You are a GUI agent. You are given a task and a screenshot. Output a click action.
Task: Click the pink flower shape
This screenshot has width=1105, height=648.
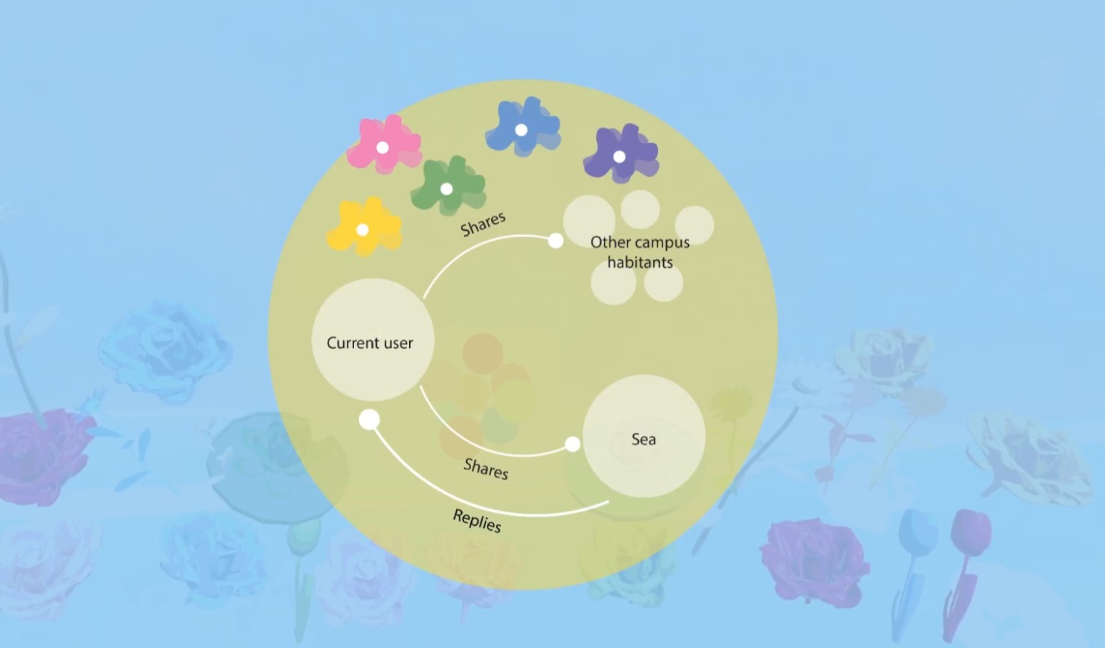[384, 145]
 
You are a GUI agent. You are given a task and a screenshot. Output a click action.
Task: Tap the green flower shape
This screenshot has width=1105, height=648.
[448, 186]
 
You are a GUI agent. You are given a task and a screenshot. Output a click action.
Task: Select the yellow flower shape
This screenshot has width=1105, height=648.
[365, 227]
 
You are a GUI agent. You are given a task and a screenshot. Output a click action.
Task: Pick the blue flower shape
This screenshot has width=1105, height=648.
[523, 127]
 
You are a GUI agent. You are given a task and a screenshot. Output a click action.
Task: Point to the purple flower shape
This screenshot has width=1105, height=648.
[621, 154]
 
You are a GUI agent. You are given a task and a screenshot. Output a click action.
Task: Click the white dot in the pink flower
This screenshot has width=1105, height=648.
[383, 147]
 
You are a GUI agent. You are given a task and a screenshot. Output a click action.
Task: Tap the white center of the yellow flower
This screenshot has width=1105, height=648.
[363, 229]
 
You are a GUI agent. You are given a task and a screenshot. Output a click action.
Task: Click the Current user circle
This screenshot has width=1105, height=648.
[373, 340]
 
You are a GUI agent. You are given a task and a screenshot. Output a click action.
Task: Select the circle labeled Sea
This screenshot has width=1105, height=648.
[644, 436]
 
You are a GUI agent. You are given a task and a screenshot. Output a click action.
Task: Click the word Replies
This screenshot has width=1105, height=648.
[477, 521]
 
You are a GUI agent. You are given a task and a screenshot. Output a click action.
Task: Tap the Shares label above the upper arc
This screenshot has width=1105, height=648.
[483, 224]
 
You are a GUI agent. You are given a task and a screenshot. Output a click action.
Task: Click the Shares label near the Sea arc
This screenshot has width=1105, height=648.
[486, 469]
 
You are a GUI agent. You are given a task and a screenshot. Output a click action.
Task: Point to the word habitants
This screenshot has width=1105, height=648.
[640, 262]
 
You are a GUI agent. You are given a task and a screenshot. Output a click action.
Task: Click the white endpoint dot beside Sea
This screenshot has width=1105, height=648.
[572, 444]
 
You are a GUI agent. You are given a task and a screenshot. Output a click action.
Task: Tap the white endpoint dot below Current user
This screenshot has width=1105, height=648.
[369, 420]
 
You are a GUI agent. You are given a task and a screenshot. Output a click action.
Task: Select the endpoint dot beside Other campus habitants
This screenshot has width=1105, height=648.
[556, 241]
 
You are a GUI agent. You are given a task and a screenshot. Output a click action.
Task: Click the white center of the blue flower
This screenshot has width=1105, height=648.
[521, 130]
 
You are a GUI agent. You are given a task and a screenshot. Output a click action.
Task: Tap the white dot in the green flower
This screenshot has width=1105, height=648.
[446, 189]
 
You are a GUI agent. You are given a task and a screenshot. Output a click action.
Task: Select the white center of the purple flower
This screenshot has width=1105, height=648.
[619, 156]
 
